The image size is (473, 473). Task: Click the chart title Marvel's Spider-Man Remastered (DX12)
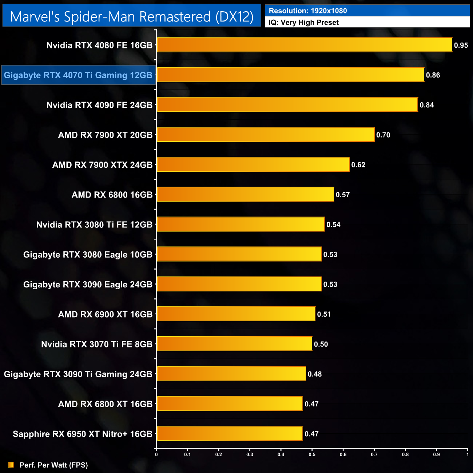(x=132, y=17)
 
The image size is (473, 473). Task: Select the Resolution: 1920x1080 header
(x=308, y=11)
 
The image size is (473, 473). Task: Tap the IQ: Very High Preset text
(x=303, y=23)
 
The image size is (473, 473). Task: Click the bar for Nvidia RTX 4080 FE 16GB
(x=304, y=45)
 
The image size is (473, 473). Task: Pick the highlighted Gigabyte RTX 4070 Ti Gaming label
(x=78, y=75)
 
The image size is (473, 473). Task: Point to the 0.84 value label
(x=427, y=105)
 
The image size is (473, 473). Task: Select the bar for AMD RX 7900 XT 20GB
(x=265, y=135)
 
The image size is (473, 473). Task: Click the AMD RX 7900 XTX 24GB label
(x=102, y=165)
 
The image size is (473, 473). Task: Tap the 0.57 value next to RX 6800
(x=343, y=195)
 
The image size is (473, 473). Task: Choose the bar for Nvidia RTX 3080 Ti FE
(x=241, y=224)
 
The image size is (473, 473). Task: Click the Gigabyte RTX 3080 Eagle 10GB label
(x=88, y=255)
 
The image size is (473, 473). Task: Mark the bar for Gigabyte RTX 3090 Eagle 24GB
(x=239, y=284)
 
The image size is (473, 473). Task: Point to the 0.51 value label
(x=324, y=314)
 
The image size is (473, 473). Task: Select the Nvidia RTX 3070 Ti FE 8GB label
(x=97, y=344)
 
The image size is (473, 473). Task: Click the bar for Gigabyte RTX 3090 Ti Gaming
(x=231, y=374)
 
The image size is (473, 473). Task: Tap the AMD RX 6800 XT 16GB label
(x=105, y=404)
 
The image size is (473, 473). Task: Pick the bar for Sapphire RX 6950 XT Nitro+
(x=230, y=434)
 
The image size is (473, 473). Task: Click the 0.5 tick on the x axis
(x=312, y=454)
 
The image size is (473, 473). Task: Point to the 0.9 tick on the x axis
(x=436, y=454)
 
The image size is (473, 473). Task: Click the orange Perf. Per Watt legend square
(x=11, y=465)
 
